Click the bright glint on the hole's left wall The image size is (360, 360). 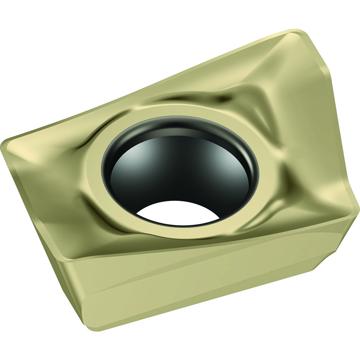pos(119,162)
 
